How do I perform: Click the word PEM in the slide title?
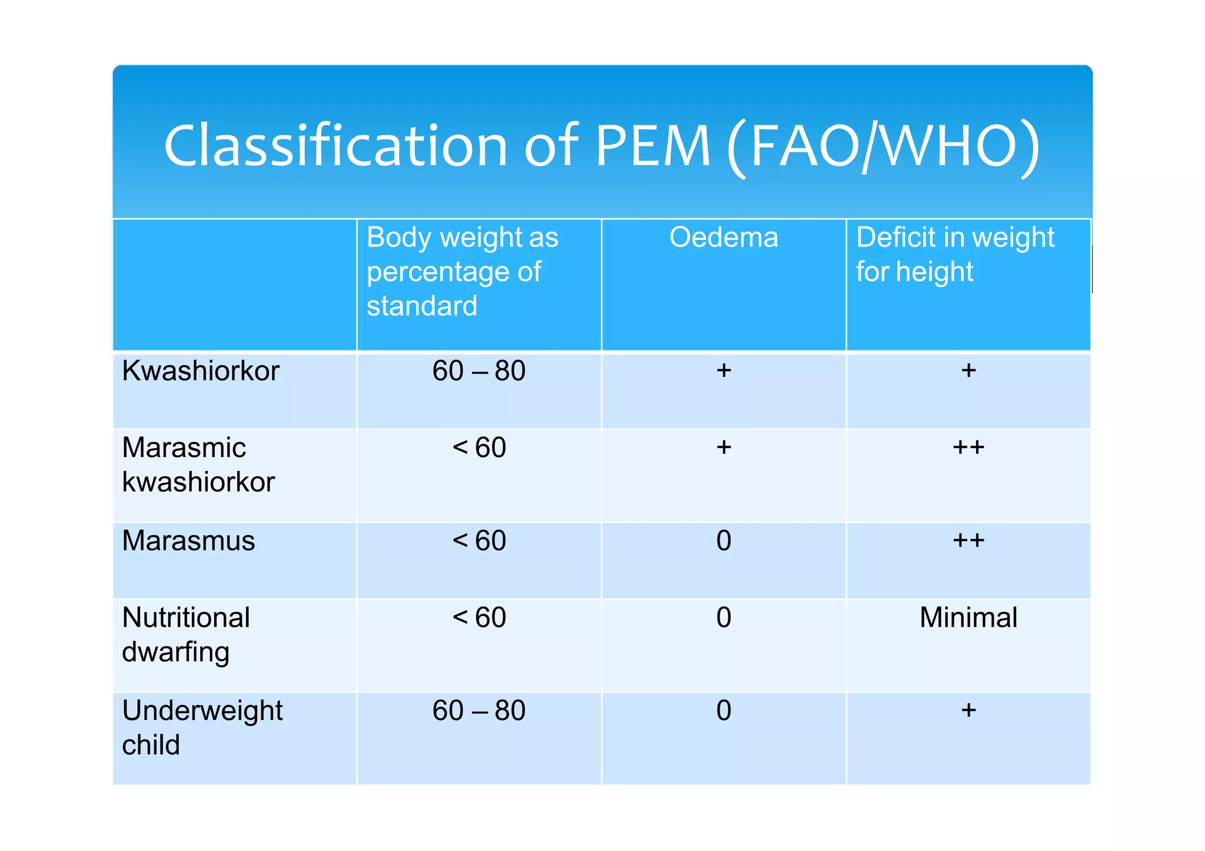click(653, 146)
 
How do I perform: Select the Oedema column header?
click(723, 238)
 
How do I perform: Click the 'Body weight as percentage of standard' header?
click(462, 271)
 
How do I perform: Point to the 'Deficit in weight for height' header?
click(955, 254)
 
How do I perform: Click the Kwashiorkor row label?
click(201, 371)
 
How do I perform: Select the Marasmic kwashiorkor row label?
click(198, 465)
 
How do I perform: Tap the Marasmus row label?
click(188, 540)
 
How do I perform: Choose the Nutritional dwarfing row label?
click(186, 635)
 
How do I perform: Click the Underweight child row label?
click(202, 727)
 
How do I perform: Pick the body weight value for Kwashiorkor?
click(478, 371)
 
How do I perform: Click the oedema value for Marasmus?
click(724, 540)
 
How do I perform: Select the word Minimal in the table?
click(968, 618)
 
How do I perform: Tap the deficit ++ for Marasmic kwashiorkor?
click(968, 448)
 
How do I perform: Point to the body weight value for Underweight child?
click(478, 710)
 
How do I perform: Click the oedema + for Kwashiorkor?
click(724, 371)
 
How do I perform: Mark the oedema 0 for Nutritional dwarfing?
click(724, 618)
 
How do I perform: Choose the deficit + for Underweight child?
click(968, 710)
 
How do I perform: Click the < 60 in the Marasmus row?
click(479, 540)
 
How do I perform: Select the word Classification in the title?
click(335, 146)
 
